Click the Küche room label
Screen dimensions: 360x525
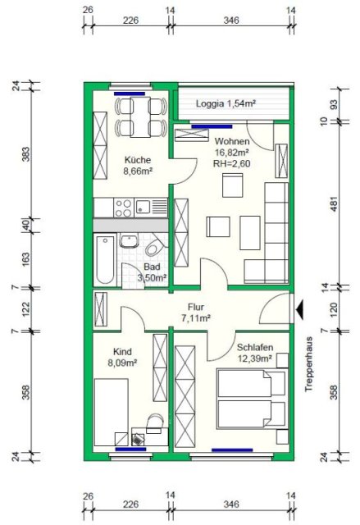coord(138,160)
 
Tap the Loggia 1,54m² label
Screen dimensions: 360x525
coord(226,103)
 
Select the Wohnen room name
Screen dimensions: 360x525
coord(232,141)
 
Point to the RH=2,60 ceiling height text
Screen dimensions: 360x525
coord(231,163)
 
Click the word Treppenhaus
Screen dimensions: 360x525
coord(308,364)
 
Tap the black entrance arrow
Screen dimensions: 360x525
coord(299,309)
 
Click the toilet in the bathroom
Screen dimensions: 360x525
coord(156,247)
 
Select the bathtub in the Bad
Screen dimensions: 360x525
coord(106,259)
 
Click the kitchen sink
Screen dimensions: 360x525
coord(151,208)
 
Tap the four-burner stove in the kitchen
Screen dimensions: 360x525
coord(124,208)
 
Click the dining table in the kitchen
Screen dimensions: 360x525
coord(140,116)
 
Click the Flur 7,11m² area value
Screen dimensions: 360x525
coord(196,317)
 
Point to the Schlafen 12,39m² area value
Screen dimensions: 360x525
coord(254,358)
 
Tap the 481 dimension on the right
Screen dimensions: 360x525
coord(334,204)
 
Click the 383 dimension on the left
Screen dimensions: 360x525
coord(25,154)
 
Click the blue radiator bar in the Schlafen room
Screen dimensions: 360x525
coord(232,450)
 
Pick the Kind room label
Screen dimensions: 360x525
coord(122,352)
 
